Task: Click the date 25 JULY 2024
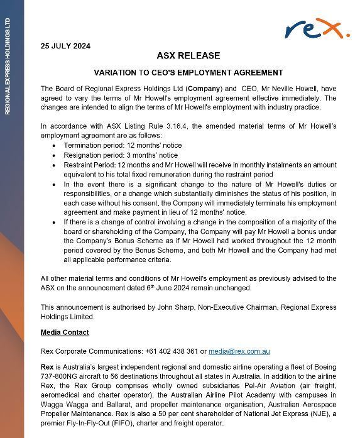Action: click(65, 46)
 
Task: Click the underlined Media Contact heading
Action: click(65, 332)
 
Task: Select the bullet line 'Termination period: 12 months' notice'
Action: click(123, 145)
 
